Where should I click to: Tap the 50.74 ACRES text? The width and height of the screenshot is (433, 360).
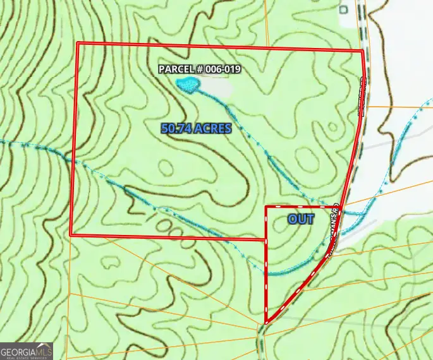click(196, 128)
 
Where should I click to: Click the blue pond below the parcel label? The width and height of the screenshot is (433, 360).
click(188, 84)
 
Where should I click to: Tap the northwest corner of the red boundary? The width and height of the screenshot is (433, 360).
click(77, 44)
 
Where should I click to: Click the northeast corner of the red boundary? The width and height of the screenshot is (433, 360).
click(362, 51)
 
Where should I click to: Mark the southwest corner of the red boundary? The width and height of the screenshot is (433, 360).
click(70, 235)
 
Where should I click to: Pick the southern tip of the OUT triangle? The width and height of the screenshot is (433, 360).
click(266, 323)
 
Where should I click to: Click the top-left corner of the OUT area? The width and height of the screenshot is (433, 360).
click(265, 207)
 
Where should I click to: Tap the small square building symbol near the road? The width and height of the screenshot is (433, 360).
click(344, 9)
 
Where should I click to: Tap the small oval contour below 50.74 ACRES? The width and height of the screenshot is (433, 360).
click(166, 168)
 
